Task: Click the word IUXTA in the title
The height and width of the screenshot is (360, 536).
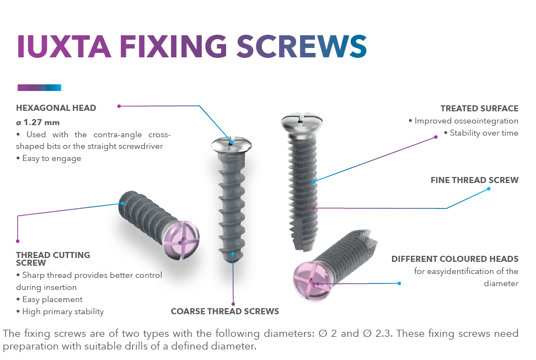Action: (64, 46)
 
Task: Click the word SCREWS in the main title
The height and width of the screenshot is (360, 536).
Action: (302, 46)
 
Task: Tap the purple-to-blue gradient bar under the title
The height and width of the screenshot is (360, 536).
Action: (39, 88)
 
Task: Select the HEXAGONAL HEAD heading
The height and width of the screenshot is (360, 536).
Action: (56, 108)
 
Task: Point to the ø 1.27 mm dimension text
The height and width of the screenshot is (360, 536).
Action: (38, 122)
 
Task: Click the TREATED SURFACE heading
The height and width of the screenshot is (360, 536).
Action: (479, 109)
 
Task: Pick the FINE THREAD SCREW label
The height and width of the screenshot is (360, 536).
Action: (474, 180)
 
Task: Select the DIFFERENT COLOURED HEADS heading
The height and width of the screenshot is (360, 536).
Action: (455, 259)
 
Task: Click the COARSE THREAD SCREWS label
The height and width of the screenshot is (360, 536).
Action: (225, 311)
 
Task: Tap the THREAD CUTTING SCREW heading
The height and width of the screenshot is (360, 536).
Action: (53, 259)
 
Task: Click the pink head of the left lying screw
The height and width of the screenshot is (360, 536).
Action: (181, 240)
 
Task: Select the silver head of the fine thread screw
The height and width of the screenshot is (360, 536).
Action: (302, 122)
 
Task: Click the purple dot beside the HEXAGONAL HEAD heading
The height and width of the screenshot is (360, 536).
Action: (119, 106)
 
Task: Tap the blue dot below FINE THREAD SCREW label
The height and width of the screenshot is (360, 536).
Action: (489, 189)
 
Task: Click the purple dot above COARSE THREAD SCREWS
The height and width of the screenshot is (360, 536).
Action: (233, 304)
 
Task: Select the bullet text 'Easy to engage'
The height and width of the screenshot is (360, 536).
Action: (49, 158)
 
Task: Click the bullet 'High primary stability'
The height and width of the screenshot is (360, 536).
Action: (60, 311)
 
